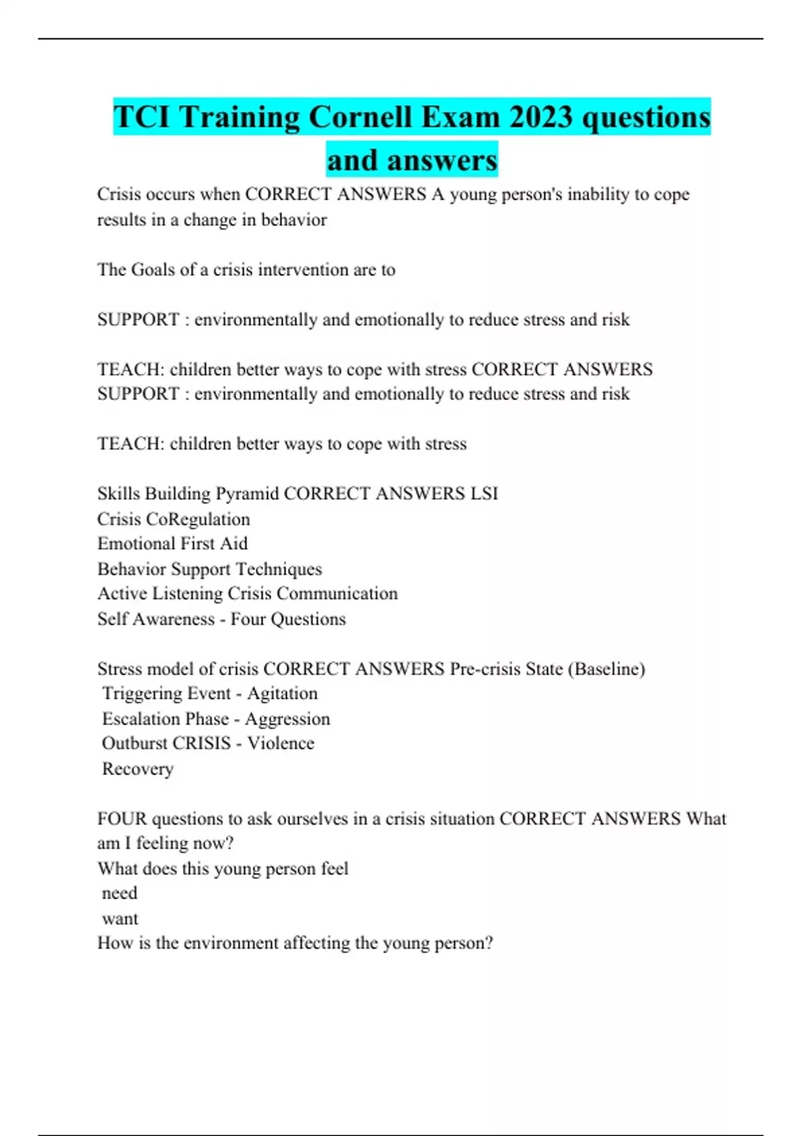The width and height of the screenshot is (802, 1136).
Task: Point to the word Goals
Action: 153,270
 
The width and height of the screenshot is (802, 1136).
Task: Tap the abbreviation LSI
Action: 484,494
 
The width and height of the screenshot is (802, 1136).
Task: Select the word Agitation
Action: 282,694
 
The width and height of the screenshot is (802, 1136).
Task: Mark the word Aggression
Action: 287,719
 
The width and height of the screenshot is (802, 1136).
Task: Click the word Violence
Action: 281,743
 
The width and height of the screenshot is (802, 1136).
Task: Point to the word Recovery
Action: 138,769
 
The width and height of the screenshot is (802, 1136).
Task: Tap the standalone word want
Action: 120,919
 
